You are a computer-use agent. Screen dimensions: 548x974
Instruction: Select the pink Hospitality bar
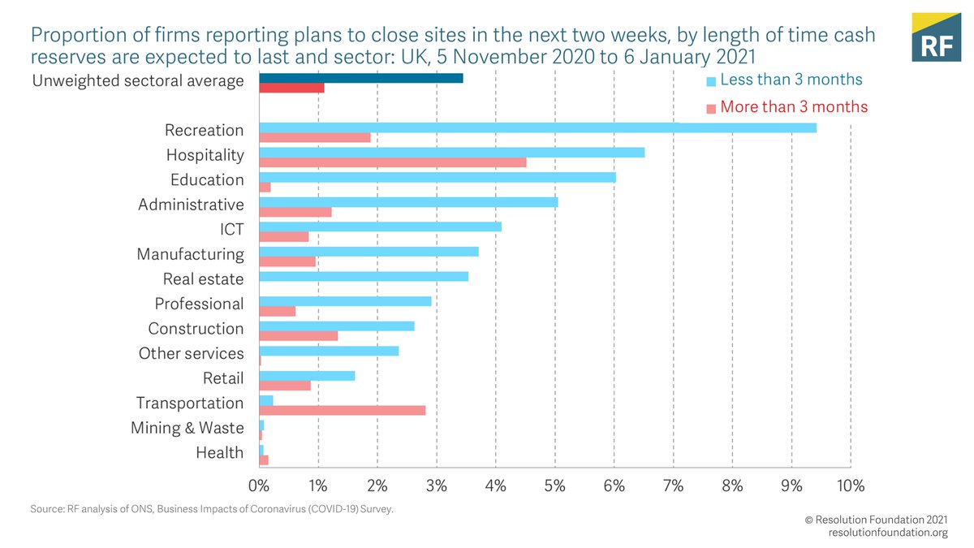(392, 162)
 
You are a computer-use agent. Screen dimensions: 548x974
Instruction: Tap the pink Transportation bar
(342, 410)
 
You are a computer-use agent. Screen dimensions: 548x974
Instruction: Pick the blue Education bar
(437, 177)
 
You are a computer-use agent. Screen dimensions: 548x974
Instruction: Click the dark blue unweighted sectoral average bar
(360, 78)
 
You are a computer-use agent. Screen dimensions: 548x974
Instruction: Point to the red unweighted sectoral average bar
(291, 88)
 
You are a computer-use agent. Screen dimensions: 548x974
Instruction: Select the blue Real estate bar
(363, 276)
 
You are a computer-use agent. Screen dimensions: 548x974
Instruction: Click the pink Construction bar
(298, 335)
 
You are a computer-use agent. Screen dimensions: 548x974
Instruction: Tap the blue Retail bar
(307, 375)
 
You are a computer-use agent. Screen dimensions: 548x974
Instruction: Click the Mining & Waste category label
(187, 428)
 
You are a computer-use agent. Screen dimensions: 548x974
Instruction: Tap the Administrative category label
(191, 205)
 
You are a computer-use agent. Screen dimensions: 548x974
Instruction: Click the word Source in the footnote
(47, 509)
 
